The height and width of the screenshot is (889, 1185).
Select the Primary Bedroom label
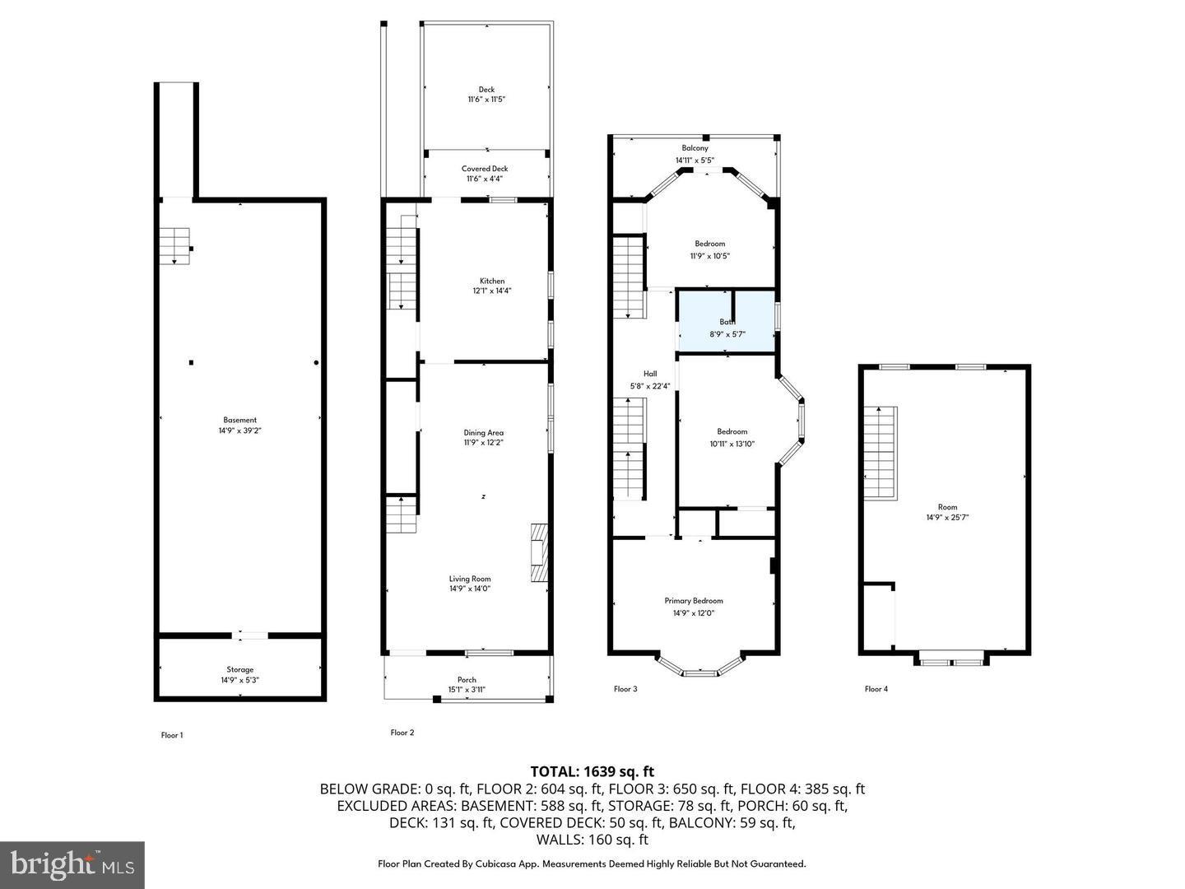coord(693,601)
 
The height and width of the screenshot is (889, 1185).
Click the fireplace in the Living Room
coord(539,554)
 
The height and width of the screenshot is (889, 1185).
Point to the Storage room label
coord(240,669)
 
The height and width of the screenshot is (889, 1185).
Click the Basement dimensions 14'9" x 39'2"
coord(240,431)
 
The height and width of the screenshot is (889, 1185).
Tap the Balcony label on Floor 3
coord(695,148)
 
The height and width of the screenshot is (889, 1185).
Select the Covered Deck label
coord(485,169)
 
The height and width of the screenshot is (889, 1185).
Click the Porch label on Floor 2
coord(467,680)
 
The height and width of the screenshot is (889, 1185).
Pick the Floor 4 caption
coord(876,689)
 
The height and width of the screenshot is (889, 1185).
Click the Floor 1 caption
coord(171,735)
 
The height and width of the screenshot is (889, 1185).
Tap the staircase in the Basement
coord(174,245)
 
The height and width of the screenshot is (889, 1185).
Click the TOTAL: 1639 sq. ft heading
coord(592,771)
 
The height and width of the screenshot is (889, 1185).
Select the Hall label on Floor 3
coord(650,374)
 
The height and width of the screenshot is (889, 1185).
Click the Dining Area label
coord(483,433)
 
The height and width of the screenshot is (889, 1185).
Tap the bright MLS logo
coord(72,864)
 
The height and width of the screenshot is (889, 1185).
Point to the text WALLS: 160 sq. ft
coord(592,840)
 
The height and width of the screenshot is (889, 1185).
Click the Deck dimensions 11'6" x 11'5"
coord(486,100)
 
